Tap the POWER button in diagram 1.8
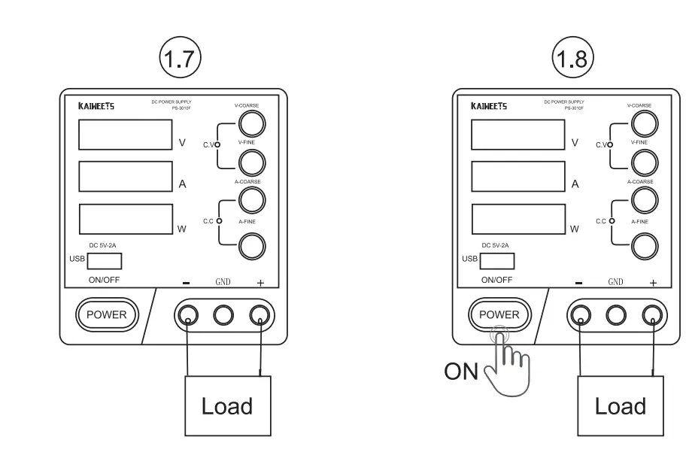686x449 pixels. (x=499, y=314)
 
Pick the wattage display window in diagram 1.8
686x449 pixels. (x=518, y=218)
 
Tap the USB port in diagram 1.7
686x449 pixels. (x=105, y=261)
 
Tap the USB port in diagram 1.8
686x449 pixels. (x=497, y=261)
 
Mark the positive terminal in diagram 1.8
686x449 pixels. (x=652, y=314)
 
